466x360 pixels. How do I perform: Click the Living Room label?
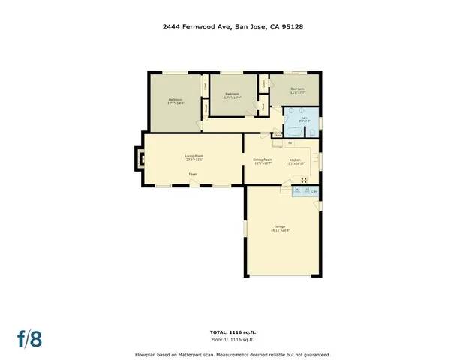click(x=194, y=157)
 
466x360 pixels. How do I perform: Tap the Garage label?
click(x=281, y=228)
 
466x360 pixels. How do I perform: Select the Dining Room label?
click(x=262, y=161)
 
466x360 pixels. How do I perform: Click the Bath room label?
click(x=305, y=120)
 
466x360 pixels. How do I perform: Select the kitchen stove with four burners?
click(x=304, y=180)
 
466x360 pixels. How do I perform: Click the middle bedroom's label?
click(x=231, y=95)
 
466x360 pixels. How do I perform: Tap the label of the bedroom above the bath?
click(x=299, y=91)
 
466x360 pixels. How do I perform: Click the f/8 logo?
click(x=29, y=337)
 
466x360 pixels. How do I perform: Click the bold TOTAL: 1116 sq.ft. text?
click(x=232, y=331)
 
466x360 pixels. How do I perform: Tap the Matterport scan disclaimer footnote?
click(x=232, y=354)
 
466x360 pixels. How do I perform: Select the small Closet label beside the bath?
click(x=277, y=136)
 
